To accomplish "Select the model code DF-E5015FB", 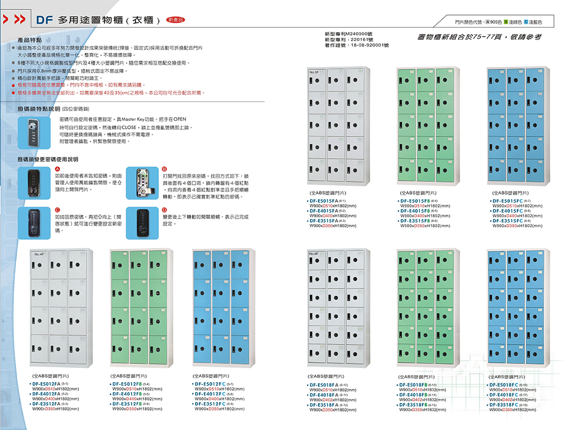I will tap(418, 201).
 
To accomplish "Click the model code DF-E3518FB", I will tap(418, 405).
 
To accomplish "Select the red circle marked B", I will tap(164, 169).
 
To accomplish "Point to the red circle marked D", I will tap(164, 210).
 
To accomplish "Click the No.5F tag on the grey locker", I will tap(313, 73).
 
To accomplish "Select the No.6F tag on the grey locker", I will tap(313, 254).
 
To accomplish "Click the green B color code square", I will tap(506, 22).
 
